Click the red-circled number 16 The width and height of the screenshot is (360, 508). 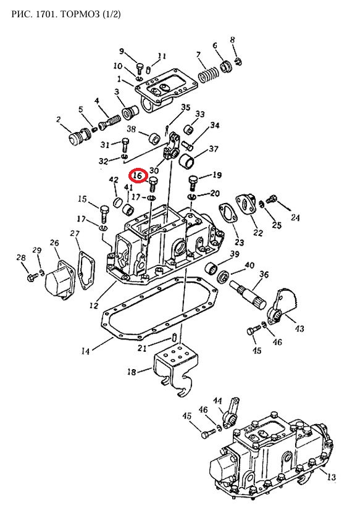138,175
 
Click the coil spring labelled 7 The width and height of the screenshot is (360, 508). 209,75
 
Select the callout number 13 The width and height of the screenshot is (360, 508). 332,477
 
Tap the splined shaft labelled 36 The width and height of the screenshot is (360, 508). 248,296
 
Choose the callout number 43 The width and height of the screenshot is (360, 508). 299,328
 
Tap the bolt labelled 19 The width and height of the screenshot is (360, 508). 193,183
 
